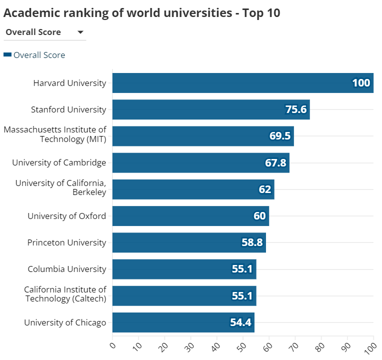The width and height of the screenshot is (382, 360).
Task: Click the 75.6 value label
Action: [296, 109]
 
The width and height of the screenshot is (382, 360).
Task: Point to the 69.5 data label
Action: [280, 136]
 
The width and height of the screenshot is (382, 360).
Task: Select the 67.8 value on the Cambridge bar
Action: [275, 163]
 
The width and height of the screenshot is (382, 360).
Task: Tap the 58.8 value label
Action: [252, 242]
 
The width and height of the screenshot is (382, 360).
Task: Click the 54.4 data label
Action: [240, 322]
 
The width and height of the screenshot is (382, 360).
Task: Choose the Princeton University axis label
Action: [66, 242]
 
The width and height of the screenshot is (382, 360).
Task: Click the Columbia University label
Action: [67, 269]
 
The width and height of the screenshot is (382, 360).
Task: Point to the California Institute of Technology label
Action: [65, 294]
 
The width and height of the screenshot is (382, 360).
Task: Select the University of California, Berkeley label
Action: [61, 187]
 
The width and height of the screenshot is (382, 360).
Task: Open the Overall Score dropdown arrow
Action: [80, 32]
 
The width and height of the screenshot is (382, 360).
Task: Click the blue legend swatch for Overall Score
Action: [7, 55]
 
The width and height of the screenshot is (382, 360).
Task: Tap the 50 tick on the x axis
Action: [242, 345]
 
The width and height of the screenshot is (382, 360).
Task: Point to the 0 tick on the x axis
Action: [112, 345]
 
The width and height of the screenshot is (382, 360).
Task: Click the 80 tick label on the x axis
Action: [320, 345]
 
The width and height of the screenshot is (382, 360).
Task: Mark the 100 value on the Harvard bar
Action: [361, 83]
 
